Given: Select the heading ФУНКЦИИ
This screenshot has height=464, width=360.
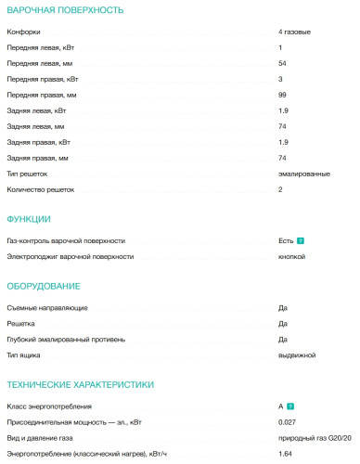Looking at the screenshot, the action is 29,219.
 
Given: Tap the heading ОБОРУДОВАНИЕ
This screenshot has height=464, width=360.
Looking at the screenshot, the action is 44,286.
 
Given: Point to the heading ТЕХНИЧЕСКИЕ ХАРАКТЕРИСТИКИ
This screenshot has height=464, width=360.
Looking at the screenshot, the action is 81,384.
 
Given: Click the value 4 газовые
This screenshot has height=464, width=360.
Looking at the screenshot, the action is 294,32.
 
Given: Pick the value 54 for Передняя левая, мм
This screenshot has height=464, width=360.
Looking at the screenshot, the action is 282,63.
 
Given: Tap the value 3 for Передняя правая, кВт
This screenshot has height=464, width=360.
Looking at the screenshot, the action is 280,79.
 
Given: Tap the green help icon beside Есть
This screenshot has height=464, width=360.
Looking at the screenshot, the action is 301,240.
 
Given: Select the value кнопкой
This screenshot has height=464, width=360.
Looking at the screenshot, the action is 291,255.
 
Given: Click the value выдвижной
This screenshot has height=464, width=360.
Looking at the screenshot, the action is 297,354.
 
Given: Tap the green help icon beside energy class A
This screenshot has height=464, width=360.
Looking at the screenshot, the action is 291,406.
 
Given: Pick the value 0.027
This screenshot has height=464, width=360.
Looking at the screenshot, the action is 287,421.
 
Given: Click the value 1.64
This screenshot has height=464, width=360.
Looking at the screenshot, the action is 285,453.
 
